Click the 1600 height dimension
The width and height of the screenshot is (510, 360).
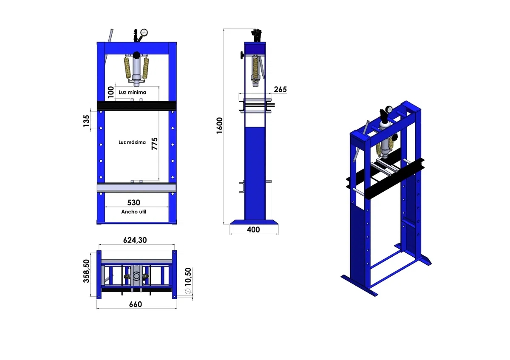pos(219,125)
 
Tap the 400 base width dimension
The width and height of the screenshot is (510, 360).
pos(253,230)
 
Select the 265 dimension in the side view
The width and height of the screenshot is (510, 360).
pos(280,90)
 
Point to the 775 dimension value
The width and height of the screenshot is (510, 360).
pos(155,144)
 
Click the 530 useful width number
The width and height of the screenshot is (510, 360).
pos(133,202)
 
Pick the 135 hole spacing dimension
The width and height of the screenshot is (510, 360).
pos(86,121)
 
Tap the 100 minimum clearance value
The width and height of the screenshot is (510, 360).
pos(110,92)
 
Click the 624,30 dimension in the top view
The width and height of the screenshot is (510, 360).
pos(135,240)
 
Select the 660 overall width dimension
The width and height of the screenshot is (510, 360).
pos(136,304)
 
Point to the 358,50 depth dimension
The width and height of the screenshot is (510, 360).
pos(86,271)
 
